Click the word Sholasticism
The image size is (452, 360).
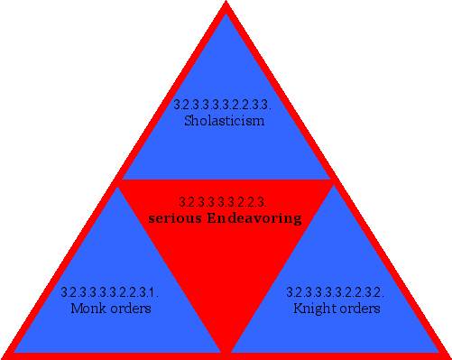(224, 120)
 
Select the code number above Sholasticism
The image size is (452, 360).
(224, 105)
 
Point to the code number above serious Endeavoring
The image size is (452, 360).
(224, 202)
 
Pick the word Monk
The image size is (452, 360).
(88, 309)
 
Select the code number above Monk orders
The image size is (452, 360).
(110, 292)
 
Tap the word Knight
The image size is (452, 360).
(313, 309)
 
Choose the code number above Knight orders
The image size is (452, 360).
(336, 292)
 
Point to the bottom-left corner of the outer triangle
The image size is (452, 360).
(5, 355)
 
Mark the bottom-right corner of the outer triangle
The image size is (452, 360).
(447, 355)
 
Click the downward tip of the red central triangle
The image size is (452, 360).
(226, 350)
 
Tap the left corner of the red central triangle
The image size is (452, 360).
(120, 182)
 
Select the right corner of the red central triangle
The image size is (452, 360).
(332, 182)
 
